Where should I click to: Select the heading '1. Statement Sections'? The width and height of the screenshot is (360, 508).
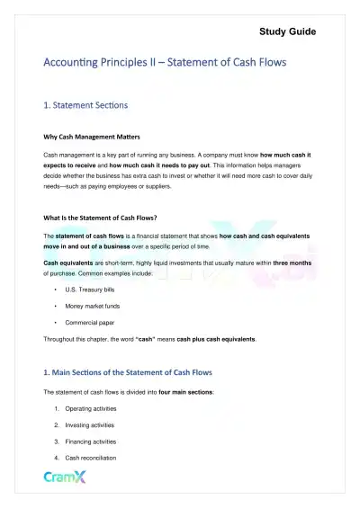coord(85,105)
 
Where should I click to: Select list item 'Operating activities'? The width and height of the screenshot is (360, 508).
coord(90,409)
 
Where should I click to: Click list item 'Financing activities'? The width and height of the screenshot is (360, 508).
coord(91,441)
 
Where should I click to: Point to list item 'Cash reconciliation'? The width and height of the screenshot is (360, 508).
coord(88,458)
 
